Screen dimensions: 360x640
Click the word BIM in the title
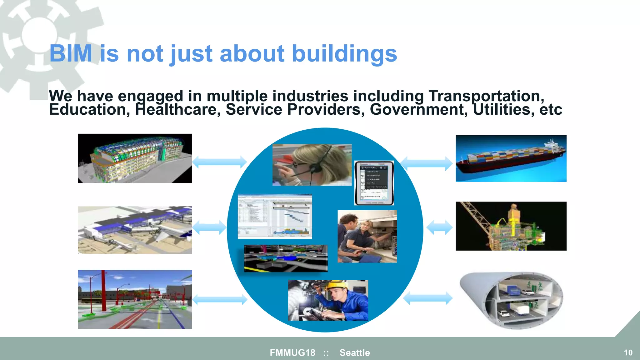click(x=71, y=54)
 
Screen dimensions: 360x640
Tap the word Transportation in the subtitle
click(x=486, y=96)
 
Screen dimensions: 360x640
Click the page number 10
click(x=628, y=352)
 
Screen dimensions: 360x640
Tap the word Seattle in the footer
click(x=355, y=352)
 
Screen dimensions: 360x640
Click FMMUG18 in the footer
click(x=292, y=352)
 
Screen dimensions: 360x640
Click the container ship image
click(x=511, y=158)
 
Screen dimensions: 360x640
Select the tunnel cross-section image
click(x=511, y=300)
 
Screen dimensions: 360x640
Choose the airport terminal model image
click(x=135, y=230)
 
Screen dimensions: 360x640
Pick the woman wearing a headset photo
click(x=312, y=165)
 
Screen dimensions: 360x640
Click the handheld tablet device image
click(x=374, y=183)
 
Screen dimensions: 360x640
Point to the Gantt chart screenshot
click(x=275, y=216)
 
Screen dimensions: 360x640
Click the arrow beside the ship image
click(x=426, y=163)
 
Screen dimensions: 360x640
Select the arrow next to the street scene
click(x=220, y=299)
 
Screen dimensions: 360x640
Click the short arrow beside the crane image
click(x=439, y=227)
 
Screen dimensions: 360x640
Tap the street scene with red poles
click(x=135, y=299)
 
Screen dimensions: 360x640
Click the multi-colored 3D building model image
click(x=135, y=158)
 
